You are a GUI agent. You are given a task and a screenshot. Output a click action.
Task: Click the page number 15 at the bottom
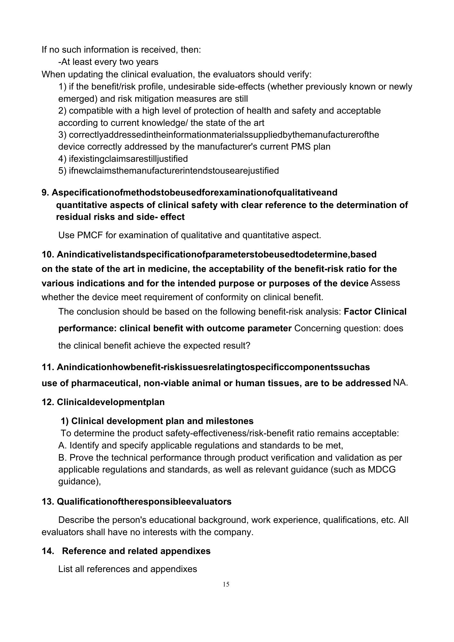pos(226,584)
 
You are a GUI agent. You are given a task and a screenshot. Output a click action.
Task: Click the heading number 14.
pos(48,551)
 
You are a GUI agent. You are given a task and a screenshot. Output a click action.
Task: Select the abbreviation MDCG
pos(382,470)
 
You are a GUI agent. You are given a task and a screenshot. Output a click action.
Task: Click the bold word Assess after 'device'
pos(385,283)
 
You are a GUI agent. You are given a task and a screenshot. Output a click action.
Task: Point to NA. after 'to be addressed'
pos(400,383)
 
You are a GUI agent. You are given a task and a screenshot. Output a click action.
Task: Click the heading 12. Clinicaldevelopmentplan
pos(103,402)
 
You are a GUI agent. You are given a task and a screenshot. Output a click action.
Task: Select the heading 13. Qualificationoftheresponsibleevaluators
pos(136,501)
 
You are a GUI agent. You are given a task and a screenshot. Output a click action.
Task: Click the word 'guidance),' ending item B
pos(80,481)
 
